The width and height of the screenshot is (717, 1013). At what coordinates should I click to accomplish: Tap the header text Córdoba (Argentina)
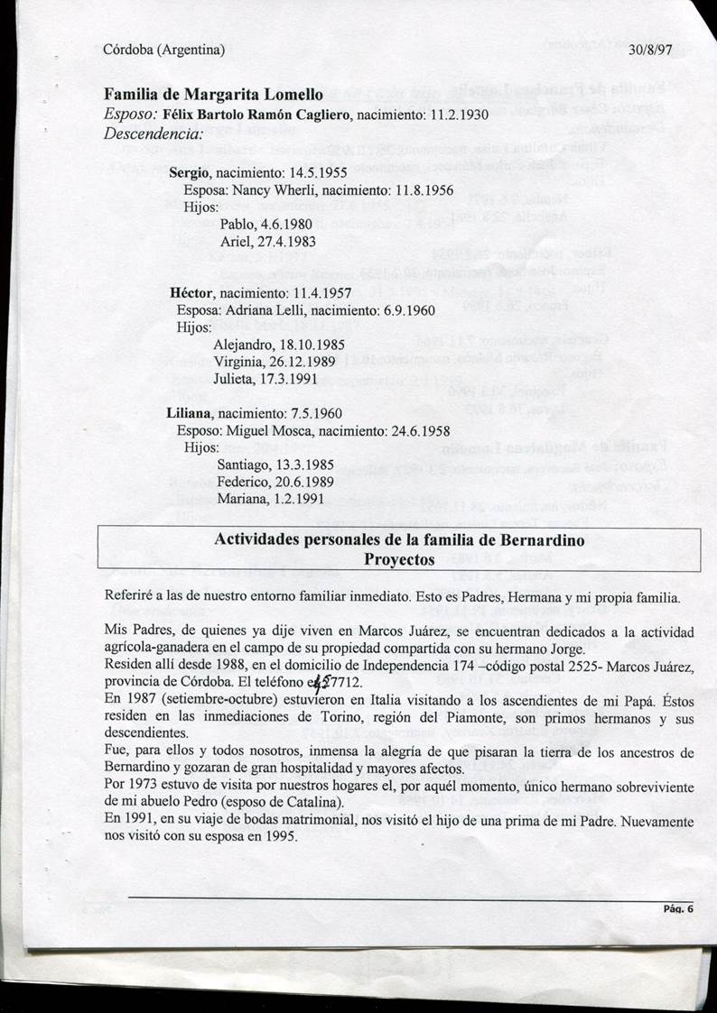[163, 51]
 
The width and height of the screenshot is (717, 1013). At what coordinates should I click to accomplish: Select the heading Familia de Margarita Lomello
[207, 96]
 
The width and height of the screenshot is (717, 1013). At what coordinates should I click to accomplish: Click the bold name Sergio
[189, 172]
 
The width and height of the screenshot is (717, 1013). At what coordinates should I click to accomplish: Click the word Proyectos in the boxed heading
[399, 558]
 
